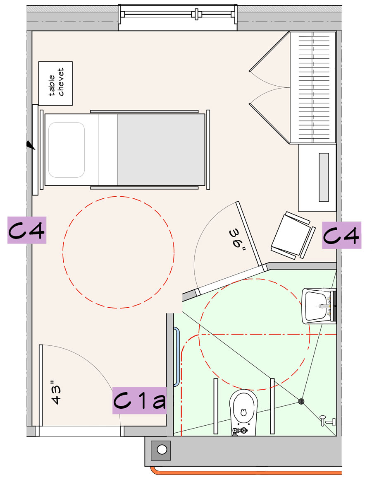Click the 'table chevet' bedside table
point(55,83)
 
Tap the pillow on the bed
point(66,150)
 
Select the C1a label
point(140,400)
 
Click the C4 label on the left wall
point(27,230)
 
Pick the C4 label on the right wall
point(341,235)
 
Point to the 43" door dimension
point(56,393)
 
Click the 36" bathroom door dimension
point(238,239)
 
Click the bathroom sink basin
point(316,306)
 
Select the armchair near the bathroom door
point(293,235)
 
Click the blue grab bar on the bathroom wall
point(176,357)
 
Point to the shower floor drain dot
point(301,401)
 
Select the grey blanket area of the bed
point(161,150)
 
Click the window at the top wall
point(178,17)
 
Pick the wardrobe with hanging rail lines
point(313,88)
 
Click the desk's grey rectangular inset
point(324,177)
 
